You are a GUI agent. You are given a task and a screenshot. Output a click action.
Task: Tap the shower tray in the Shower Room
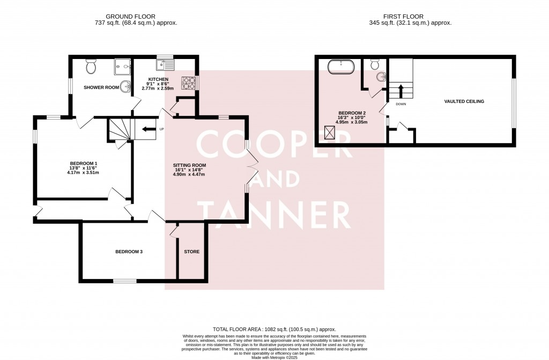(122, 68)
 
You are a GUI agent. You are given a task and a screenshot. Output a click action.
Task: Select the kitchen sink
(165, 65)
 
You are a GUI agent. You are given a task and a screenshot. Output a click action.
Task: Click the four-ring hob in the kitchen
(189, 83)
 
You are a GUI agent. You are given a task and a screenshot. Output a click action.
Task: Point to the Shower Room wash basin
(126, 86)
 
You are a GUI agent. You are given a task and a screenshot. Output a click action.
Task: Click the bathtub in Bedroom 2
(340, 67)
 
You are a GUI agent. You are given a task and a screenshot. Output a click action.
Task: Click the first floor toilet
(375, 64)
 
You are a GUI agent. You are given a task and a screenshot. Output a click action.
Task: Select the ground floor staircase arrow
(149, 128)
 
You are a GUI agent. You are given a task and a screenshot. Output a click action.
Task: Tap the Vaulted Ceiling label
(464, 101)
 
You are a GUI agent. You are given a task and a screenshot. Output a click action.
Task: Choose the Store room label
(191, 251)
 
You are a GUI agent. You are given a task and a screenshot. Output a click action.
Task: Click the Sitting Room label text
(189, 165)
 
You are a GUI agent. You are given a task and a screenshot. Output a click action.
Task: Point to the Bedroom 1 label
(84, 163)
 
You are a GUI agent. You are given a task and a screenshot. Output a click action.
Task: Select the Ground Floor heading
(127, 16)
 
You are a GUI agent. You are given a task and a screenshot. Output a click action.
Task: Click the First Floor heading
(410, 16)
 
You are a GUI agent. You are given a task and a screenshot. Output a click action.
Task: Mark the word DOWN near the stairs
(400, 104)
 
